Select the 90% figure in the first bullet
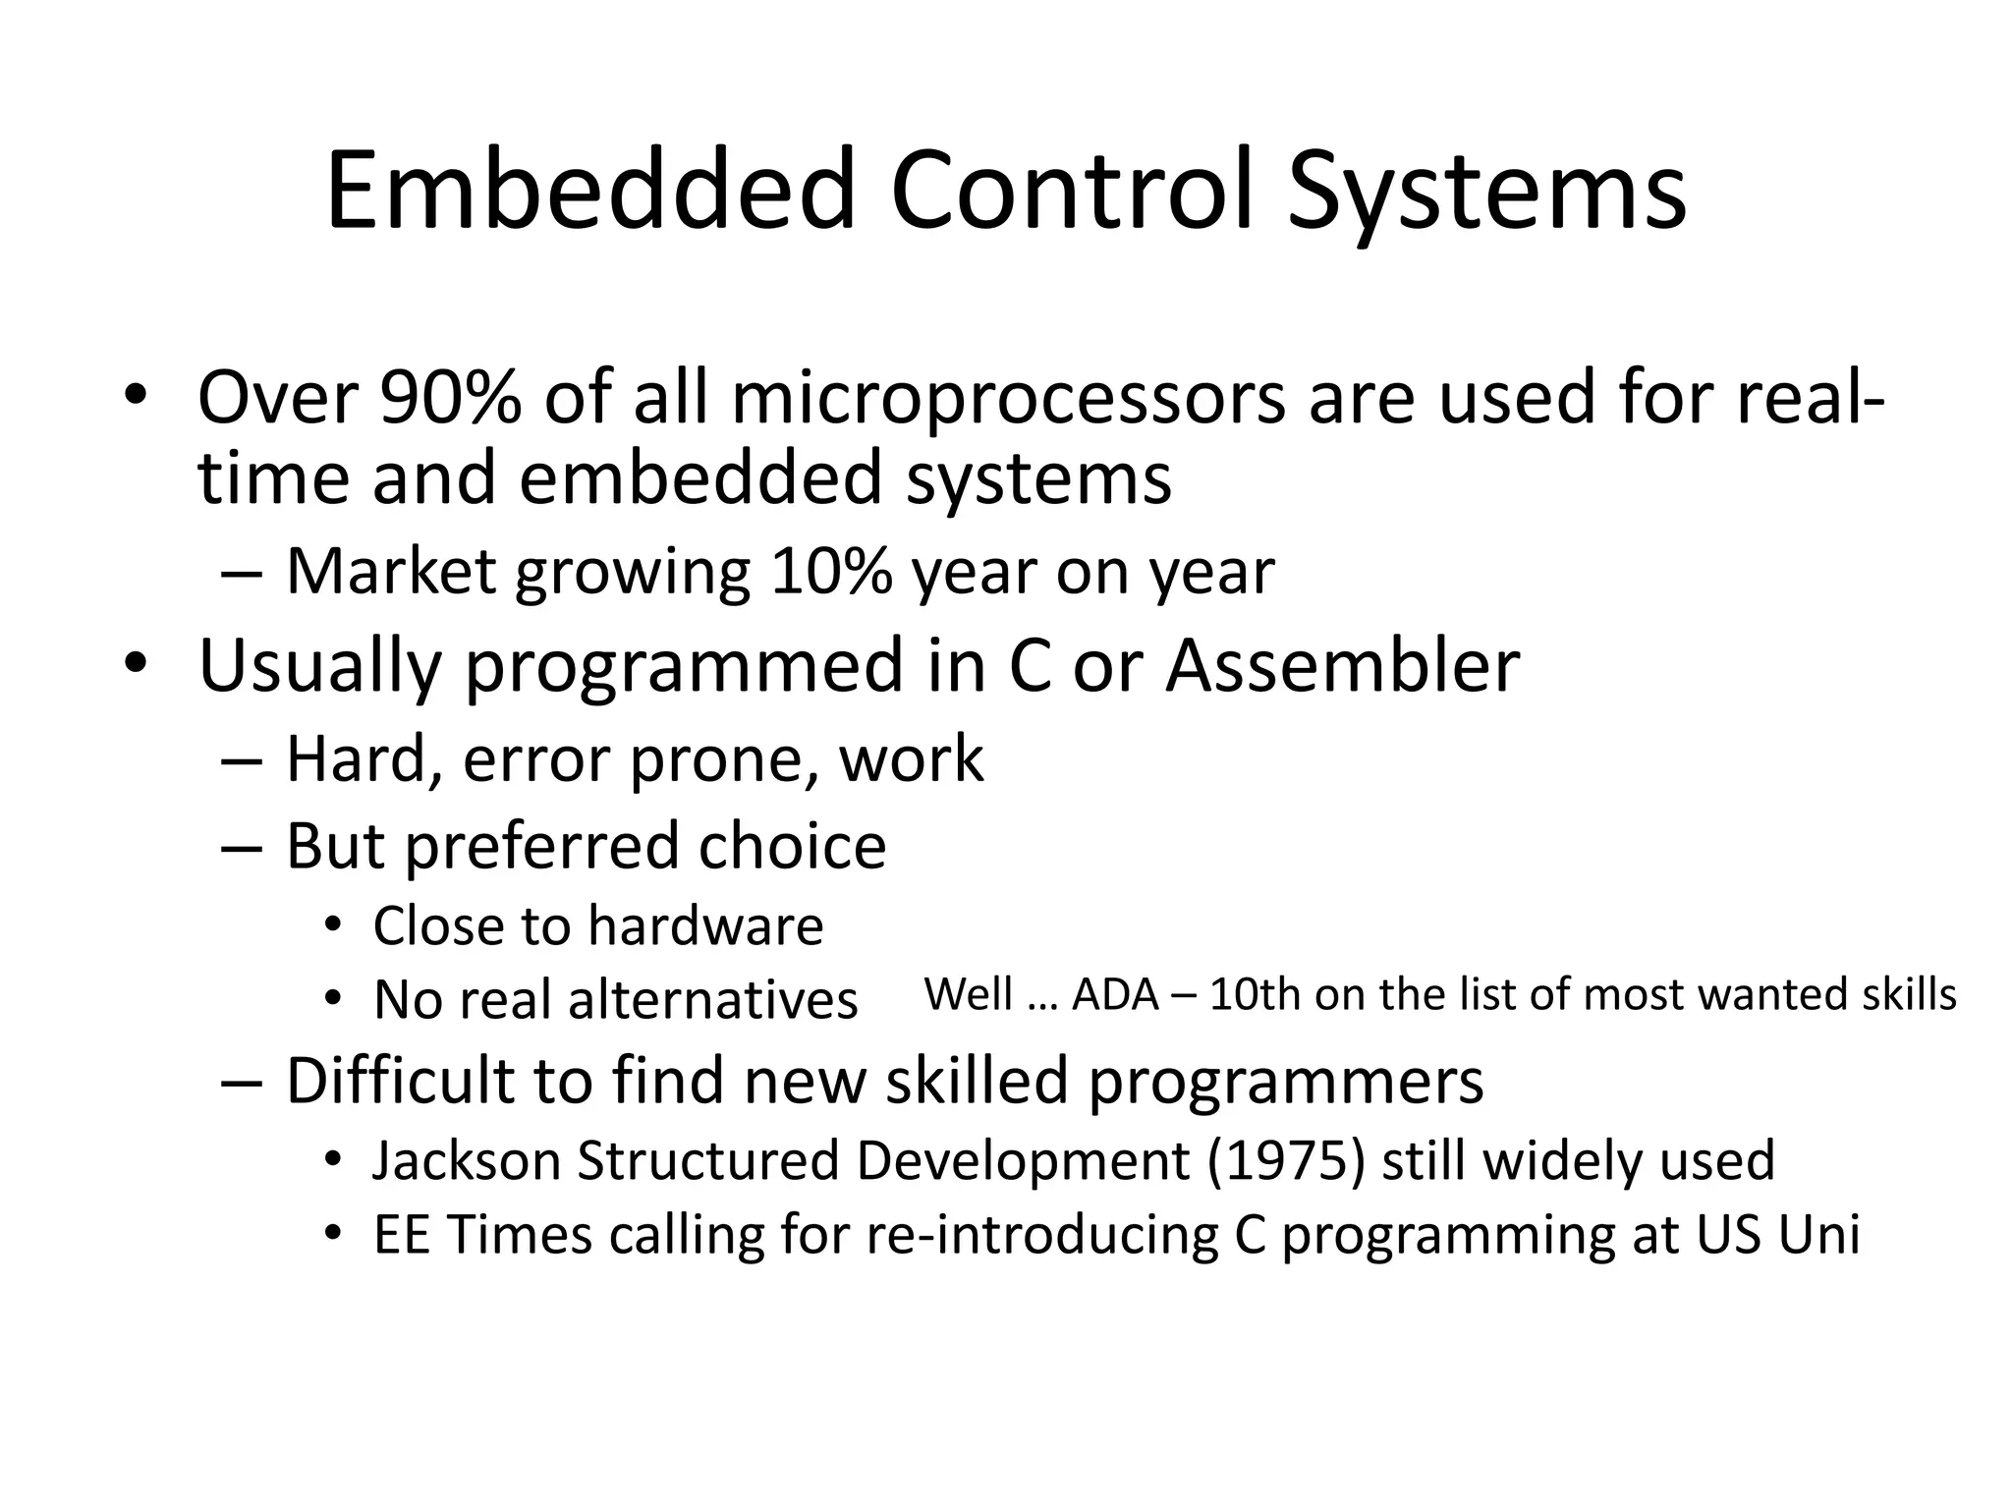450,398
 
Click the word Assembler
1342,665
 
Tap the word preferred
541,846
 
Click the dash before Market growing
242,574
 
